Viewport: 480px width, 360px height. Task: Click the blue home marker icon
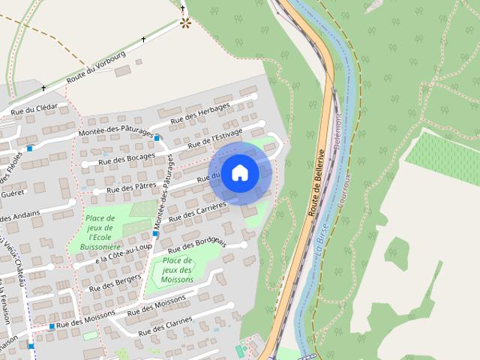(x=239, y=172)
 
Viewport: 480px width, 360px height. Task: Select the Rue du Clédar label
(x=34, y=108)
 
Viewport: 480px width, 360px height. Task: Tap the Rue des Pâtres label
(x=131, y=187)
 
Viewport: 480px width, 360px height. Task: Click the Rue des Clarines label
(x=166, y=325)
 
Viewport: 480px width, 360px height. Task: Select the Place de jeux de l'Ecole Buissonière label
(x=99, y=232)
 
